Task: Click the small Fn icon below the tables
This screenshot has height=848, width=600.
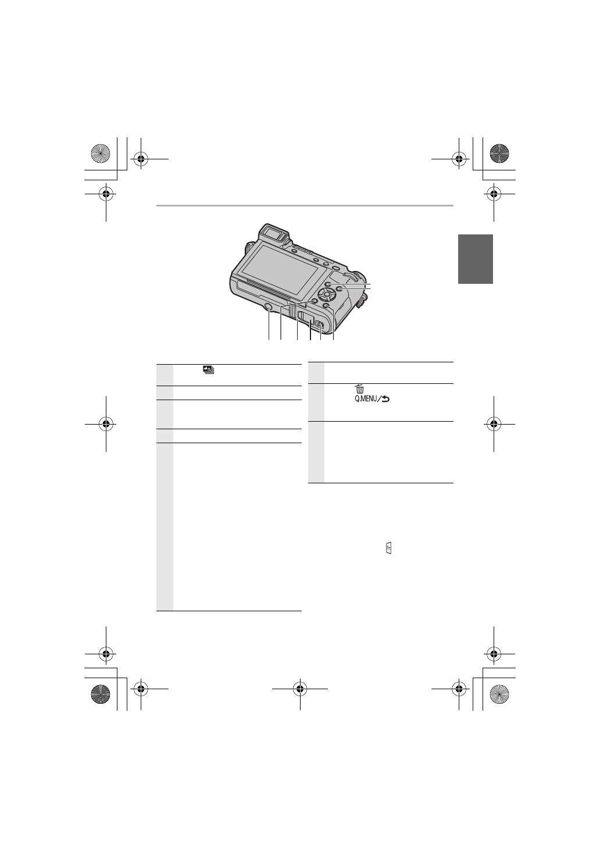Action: (388, 548)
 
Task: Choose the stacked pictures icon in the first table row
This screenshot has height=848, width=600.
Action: (208, 369)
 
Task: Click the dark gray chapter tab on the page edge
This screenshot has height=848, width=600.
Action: (475, 259)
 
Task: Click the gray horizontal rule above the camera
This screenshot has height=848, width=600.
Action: (304, 205)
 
